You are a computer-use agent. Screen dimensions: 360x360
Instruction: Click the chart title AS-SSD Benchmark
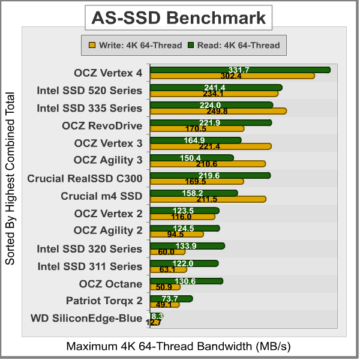tap(178, 19)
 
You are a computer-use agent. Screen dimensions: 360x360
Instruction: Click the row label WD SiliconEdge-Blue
tap(86, 319)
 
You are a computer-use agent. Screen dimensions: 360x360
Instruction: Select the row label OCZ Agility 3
tap(108, 160)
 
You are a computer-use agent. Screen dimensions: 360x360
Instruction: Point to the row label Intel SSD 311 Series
tap(89, 266)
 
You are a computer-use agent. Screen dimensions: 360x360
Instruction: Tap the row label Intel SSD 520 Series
tap(89, 91)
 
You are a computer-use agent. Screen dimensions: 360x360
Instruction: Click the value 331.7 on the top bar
tap(239, 70)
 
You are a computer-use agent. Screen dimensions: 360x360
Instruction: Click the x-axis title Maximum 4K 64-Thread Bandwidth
tap(178, 347)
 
